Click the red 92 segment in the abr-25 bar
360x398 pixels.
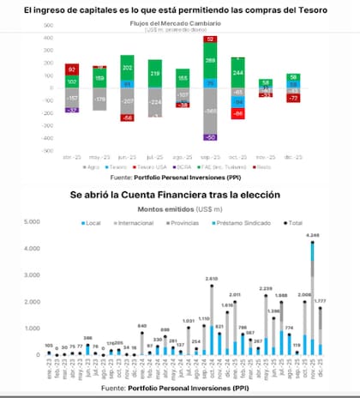(72, 69)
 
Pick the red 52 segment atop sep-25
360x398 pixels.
(210, 39)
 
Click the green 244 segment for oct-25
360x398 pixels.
(237, 73)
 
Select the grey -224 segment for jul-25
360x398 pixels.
(155, 100)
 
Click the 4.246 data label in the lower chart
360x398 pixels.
(312, 234)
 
